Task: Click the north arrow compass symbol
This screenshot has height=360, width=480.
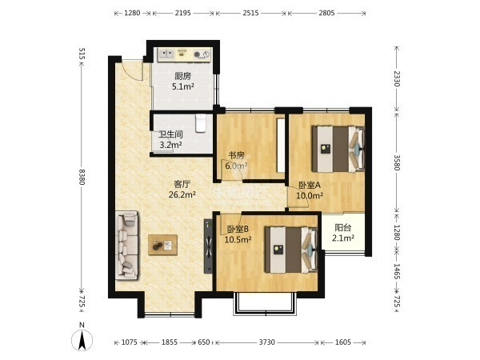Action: pos(82,340)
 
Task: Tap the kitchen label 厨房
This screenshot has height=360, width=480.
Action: pos(182,76)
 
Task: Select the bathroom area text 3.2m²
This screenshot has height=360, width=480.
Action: pos(171,145)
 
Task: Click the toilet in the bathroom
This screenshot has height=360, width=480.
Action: pos(201,123)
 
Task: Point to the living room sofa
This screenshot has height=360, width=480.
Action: pos(126,245)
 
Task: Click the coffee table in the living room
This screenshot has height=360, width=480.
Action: pos(162,245)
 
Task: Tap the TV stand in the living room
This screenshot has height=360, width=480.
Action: pos(208,246)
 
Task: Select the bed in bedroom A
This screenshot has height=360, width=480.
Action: pos(338,149)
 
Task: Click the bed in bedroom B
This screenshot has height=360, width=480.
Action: pos(291,250)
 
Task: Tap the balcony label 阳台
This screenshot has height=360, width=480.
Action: pos(343,228)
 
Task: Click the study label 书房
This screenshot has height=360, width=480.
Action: pos(236,155)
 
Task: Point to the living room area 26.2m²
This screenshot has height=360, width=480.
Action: pos(182,194)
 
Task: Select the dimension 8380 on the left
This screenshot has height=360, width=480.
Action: pos(82,177)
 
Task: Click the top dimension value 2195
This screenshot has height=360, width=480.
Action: pos(182,13)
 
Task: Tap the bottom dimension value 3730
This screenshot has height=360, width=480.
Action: pos(267,342)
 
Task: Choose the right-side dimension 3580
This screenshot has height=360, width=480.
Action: pos(397,162)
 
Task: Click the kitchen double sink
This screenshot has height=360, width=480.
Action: pos(166,54)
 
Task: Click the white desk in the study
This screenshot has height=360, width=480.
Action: pos(281,146)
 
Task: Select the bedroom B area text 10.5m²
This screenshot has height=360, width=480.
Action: pos(238,239)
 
